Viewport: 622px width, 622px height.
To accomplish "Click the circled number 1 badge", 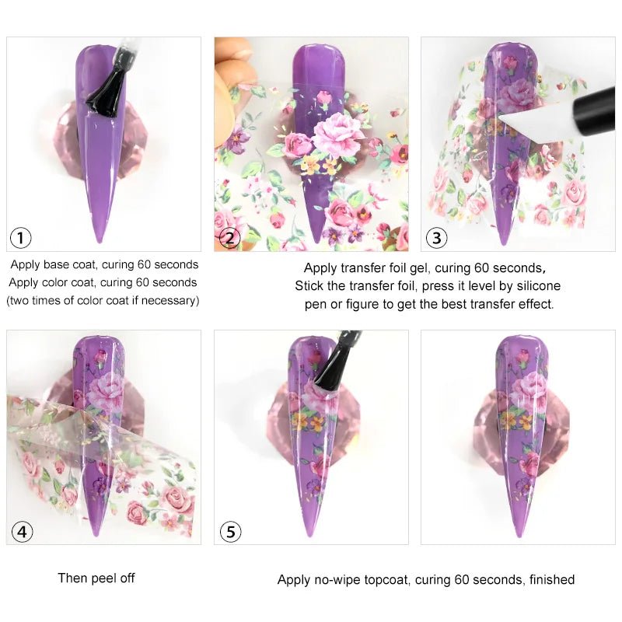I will [21, 238].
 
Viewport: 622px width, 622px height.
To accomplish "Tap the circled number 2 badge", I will [229, 238].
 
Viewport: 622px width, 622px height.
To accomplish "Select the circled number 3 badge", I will [436, 238].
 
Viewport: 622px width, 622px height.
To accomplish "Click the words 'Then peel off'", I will [96, 578].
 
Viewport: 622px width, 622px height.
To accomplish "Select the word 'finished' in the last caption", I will [549, 579].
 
